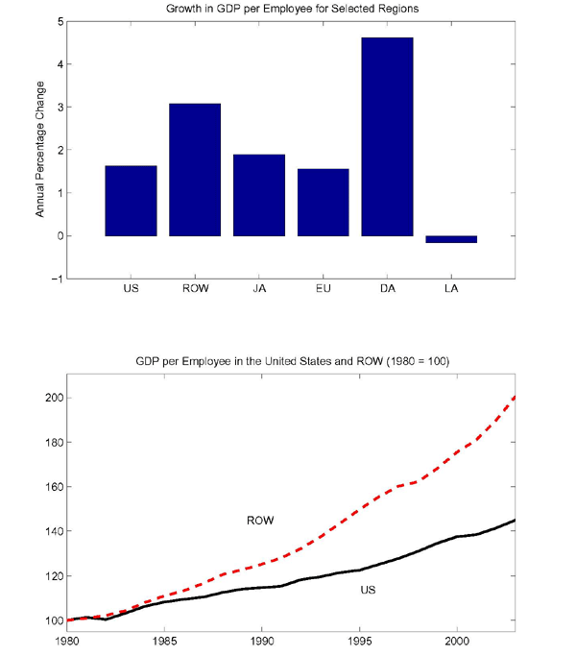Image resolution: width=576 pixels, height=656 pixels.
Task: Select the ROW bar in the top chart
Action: tap(195, 169)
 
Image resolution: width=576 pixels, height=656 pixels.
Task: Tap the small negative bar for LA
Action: tap(451, 239)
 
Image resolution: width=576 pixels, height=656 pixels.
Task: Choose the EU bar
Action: tap(323, 202)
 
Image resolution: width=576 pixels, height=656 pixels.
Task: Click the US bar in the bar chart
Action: tap(131, 201)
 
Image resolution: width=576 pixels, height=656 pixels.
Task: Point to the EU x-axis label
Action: tap(323, 287)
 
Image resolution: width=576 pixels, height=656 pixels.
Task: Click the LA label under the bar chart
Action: tap(451, 287)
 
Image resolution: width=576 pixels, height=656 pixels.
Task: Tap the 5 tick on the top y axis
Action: tap(60, 21)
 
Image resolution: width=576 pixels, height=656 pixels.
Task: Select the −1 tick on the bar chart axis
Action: tap(59, 279)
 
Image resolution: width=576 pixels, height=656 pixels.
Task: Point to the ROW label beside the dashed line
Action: tap(260, 521)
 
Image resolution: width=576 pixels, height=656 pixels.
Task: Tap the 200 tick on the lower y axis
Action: tap(54, 398)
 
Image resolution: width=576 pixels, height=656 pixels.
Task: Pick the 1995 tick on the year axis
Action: tap(359, 638)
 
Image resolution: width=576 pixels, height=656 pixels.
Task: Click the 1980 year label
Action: tap(67, 638)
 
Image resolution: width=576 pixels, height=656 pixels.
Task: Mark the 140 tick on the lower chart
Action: tap(54, 531)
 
